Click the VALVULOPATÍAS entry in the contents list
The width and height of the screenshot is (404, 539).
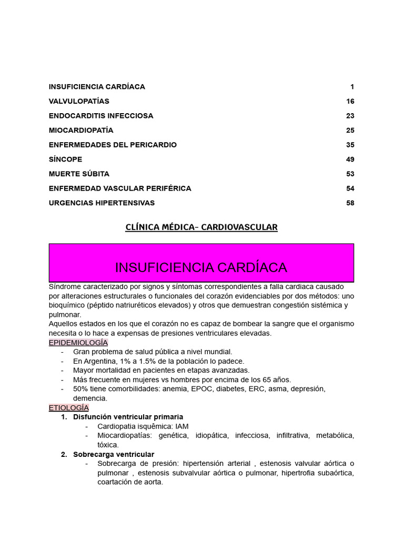[x=79, y=101]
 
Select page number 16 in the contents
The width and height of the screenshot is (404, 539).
[x=350, y=101]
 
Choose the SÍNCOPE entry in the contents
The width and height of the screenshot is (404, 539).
[x=65, y=159]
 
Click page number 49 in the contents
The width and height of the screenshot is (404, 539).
[x=350, y=159]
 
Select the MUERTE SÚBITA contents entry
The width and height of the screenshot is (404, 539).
[x=79, y=174]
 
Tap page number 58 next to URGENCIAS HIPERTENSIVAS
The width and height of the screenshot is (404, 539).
[x=350, y=203]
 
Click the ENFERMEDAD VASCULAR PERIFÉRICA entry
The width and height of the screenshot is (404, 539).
[x=120, y=188]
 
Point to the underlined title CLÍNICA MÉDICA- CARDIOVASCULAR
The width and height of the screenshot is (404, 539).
[x=201, y=227]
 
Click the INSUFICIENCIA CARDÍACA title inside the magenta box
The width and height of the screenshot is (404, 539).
[x=201, y=267]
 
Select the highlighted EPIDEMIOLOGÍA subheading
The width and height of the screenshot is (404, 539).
[x=78, y=343]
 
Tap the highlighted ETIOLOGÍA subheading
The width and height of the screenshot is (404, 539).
[x=69, y=407]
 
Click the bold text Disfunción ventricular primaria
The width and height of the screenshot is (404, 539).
[x=128, y=417]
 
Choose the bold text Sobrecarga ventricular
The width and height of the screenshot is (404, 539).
[x=114, y=454]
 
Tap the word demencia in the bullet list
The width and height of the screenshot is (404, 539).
[x=90, y=398]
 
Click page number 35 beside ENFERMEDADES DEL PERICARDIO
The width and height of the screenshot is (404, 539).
[x=350, y=145]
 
